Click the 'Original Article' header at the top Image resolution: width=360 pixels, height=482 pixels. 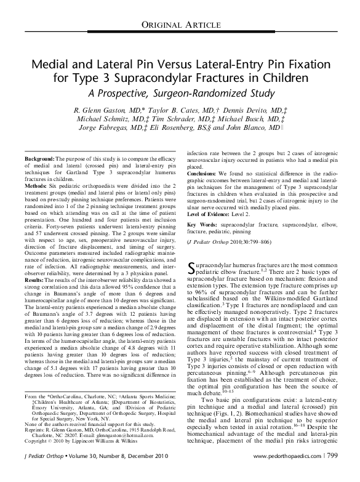click(180, 24)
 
